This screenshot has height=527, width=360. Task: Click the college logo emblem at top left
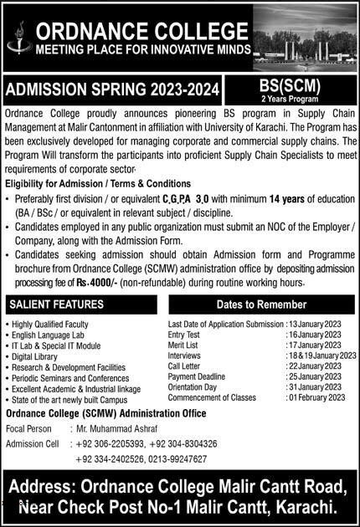tap(17, 38)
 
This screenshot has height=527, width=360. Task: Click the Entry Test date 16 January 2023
tap(315, 334)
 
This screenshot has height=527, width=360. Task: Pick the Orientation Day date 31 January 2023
tap(315, 386)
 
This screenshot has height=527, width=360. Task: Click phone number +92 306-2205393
tap(108, 443)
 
